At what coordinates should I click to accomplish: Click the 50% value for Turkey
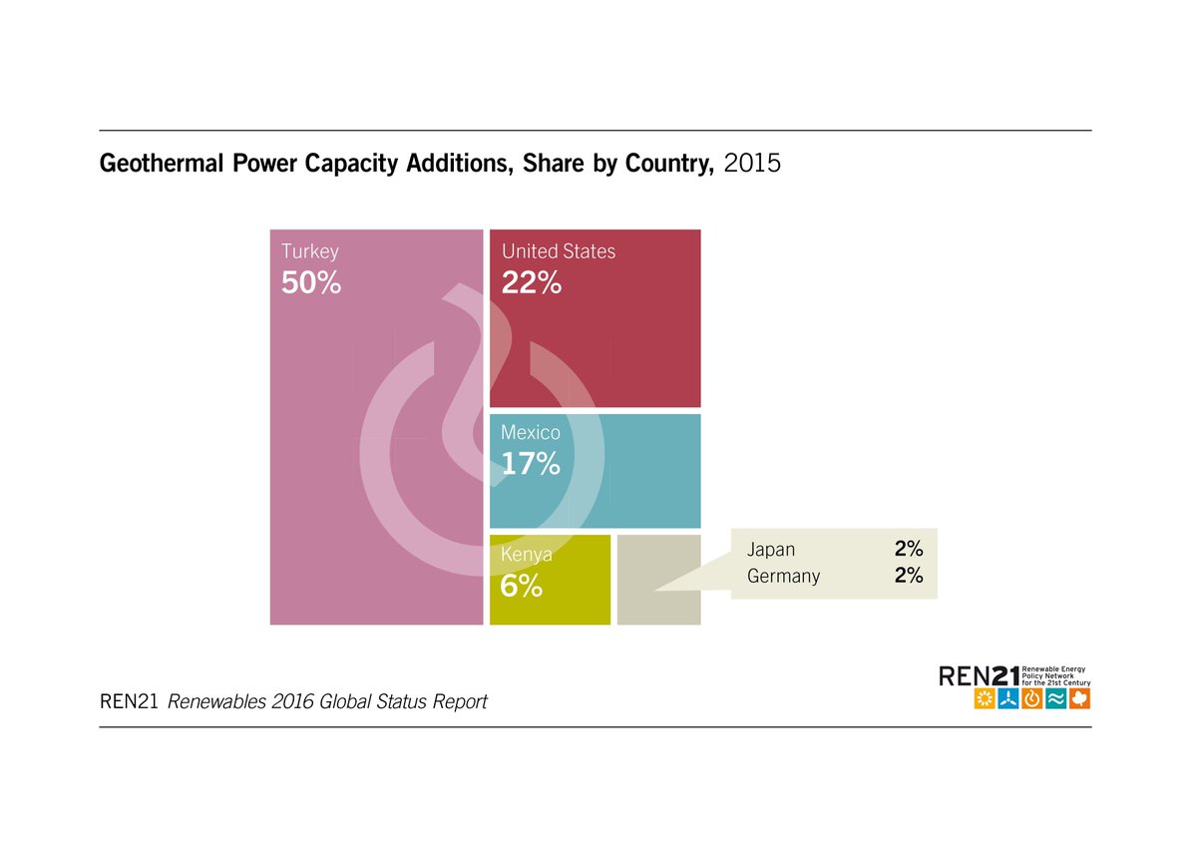click(x=311, y=283)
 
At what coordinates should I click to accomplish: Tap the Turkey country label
click(x=310, y=251)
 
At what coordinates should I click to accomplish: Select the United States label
click(x=559, y=251)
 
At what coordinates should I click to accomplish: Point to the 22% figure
click(x=531, y=283)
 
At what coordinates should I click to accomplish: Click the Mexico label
click(x=531, y=433)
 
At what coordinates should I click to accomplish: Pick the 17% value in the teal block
click(x=531, y=464)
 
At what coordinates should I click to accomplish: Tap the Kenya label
click(x=527, y=555)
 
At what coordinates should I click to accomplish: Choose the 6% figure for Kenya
click(x=522, y=586)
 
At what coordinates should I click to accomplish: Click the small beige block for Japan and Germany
click(x=658, y=580)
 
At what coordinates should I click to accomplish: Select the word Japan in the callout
click(x=771, y=550)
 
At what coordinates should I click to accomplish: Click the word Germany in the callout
click(x=783, y=576)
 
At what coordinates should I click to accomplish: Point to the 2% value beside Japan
click(x=909, y=550)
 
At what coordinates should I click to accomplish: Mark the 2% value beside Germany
click(x=909, y=576)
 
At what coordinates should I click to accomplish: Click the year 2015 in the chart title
click(x=752, y=164)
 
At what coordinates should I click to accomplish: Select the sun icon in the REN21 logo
click(x=985, y=698)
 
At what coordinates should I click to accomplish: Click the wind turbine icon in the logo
click(x=1008, y=698)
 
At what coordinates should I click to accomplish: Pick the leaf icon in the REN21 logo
click(x=1079, y=698)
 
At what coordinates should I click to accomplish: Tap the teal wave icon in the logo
click(x=1055, y=698)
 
